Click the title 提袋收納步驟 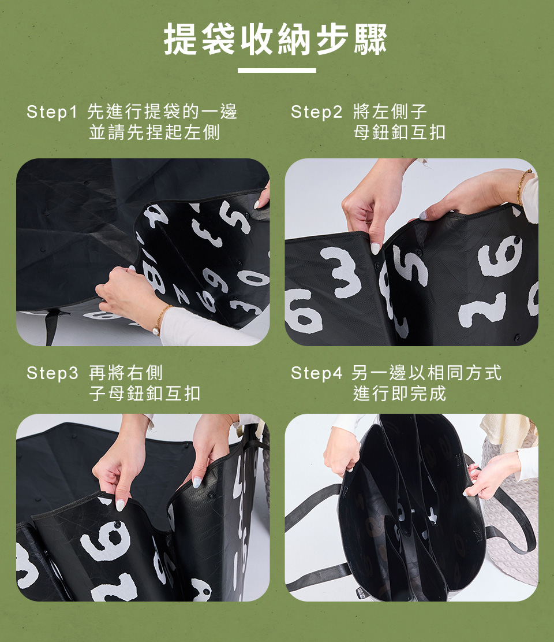[x=276, y=39]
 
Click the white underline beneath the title [x=277, y=70]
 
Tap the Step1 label [x=52, y=112]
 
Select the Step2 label [x=316, y=112]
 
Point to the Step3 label [x=52, y=373]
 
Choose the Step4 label [x=316, y=373]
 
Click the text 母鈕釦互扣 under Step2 [x=399, y=132]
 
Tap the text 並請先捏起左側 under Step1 [x=155, y=132]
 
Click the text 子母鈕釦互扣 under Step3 [x=145, y=394]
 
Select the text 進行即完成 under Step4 [x=399, y=394]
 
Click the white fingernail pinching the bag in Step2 [x=375, y=248]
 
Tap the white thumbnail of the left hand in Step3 [x=120, y=505]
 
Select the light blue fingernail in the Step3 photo [x=197, y=483]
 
